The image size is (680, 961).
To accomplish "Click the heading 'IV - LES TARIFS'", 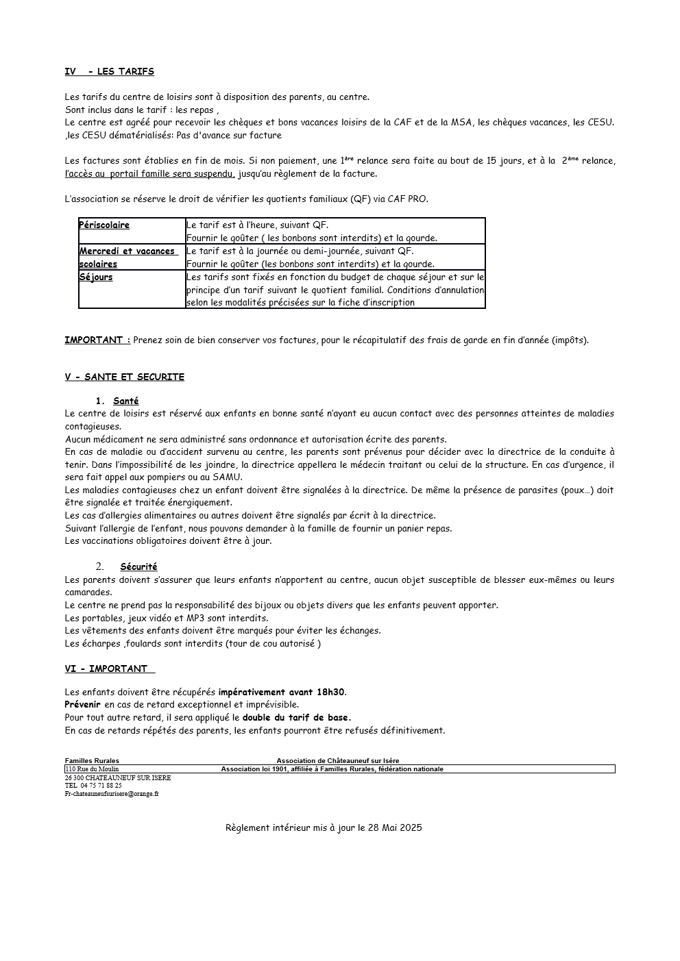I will point(109,71).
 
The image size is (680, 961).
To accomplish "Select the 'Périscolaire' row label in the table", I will point(104,225).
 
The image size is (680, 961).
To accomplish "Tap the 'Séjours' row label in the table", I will point(96,277).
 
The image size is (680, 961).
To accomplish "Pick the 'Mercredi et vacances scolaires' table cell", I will point(128,257).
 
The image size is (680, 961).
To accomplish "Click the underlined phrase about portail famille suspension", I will point(150,174).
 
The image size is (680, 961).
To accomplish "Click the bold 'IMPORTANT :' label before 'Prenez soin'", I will point(97,340).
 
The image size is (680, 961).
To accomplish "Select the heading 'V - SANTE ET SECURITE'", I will point(124,377).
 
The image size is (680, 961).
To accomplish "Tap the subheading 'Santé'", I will point(125,401).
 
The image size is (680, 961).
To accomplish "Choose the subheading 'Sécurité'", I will point(138,566).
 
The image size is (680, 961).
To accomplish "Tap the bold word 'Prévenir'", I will point(82,704).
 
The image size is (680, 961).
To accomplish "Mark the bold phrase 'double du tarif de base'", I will point(295,717).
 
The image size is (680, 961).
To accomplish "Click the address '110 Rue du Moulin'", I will point(92,769).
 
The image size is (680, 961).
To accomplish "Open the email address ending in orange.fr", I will point(112,794).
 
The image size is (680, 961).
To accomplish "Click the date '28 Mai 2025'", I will point(395,827).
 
